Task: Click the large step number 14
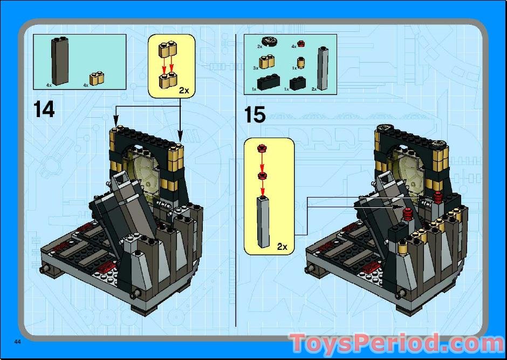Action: point(44,110)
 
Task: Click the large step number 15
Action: point(255,115)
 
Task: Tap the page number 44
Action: point(18,342)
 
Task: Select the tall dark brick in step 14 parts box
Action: point(60,62)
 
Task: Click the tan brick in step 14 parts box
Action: point(97,78)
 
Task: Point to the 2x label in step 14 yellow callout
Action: point(183,91)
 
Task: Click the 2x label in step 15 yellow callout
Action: point(282,247)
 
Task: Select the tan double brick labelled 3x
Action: point(266,62)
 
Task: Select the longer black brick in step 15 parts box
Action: point(268,83)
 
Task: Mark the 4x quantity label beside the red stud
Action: point(294,46)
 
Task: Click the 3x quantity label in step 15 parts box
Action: point(256,68)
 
